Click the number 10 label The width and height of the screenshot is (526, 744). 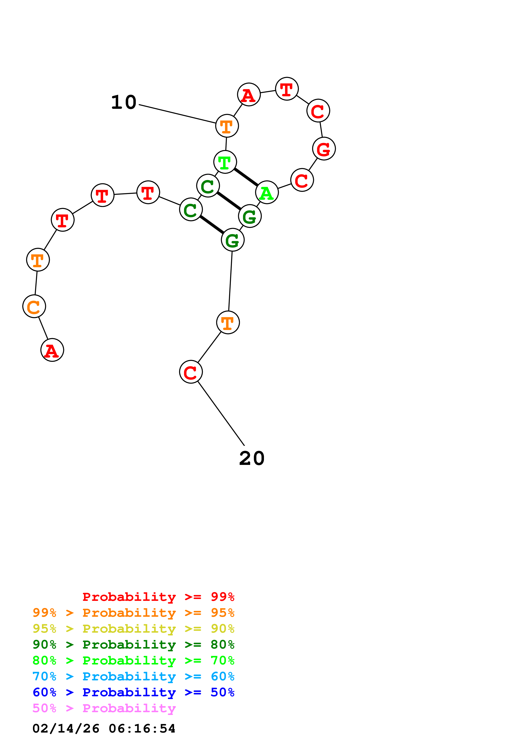[x=123, y=102]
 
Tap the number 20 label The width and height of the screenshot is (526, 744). [x=252, y=459]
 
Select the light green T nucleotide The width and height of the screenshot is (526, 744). [x=225, y=162]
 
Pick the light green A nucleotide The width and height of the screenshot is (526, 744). [x=267, y=193]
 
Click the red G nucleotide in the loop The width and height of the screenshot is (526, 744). [x=324, y=149]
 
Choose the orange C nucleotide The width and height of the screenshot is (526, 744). [x=34, y=306]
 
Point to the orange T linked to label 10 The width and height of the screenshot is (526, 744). [x=227, y=126]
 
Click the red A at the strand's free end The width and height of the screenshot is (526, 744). [x=52, y=350]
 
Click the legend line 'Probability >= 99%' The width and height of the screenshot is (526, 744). [x=159, y=597]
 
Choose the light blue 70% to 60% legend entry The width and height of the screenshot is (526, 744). [x=133, y=676]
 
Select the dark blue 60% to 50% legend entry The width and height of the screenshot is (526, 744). [x=133, y=692]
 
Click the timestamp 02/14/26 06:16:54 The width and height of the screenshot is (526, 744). [x=104, y=729]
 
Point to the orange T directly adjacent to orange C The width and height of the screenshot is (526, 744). [x=38, y=260]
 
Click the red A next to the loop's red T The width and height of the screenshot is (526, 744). [x=249, y=94]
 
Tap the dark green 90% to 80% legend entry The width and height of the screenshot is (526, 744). [x=133, y=645]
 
